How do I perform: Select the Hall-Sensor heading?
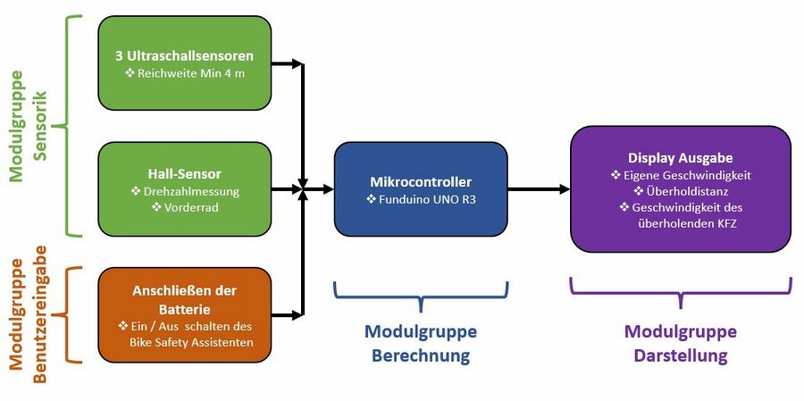coord(184,173)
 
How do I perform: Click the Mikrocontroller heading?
coord(420,182)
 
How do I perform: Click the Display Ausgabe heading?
coord(680,158)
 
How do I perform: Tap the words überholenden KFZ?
coord(680,223)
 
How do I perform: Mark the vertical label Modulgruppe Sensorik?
coord(28,124)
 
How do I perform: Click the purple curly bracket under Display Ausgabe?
coord(681,289)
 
